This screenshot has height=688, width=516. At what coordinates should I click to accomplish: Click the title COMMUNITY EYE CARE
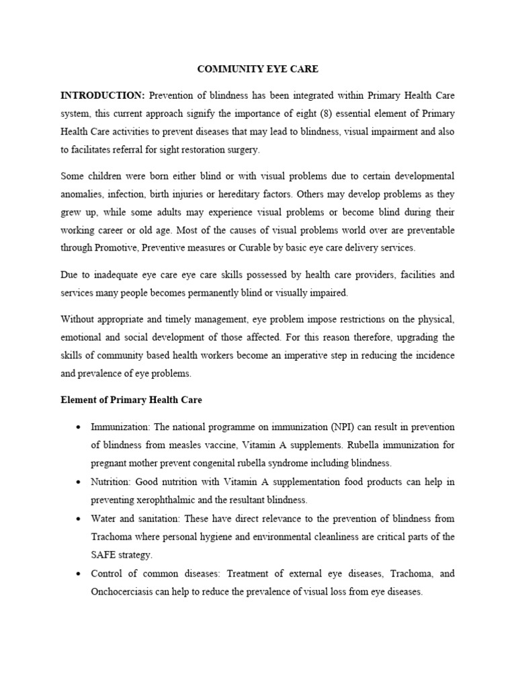pos(257,69)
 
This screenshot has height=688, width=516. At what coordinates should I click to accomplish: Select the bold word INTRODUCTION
pos(102,95)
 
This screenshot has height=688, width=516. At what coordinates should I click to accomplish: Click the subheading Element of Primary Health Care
pos(131,400)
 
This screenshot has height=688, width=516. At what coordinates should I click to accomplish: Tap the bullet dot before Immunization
pos(79,428)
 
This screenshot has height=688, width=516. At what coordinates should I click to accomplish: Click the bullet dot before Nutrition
pos(79,482)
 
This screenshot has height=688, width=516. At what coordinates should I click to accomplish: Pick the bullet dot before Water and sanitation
pos(79,519)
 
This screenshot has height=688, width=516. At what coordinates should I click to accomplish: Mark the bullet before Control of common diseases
pos(79,574)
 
